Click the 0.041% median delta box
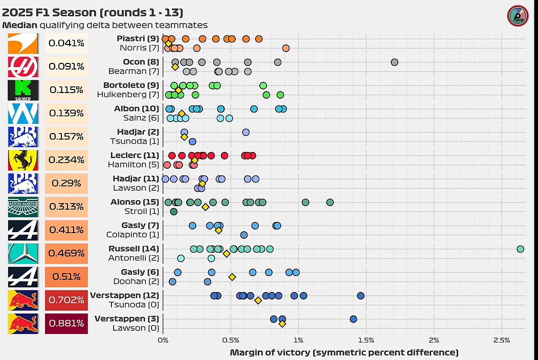pos(66,43)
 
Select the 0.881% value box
pos(66,323)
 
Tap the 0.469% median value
pos(66,253)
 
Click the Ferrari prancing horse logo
pos(23,160)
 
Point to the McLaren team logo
pos(23,43)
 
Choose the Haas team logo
pos(23,66)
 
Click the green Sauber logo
pos(23,90)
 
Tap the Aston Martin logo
pos(23,207)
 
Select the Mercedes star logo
pos(23,253)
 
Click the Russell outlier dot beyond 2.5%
pos(520,249)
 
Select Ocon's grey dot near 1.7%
pos(394,62)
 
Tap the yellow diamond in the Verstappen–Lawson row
pos(282,323)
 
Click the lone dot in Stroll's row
pos(173,211)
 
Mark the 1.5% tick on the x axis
pos(366,340)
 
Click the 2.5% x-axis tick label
pos(502,340)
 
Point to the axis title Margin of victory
pos(344,352)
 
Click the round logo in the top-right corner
pos(518,16)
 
